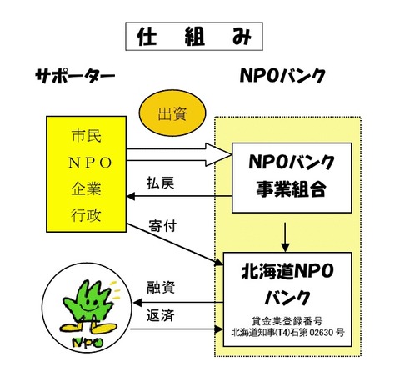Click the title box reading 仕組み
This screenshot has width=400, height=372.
coord(194,37)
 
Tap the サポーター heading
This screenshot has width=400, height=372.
coord(75,76)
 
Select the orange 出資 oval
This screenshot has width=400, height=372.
coord(172,113)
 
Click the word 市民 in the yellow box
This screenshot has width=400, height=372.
coord(87,136)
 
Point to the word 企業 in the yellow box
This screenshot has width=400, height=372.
coord(86,189)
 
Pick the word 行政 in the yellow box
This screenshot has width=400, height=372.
coord(86,215)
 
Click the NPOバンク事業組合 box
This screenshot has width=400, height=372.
coord(292,178)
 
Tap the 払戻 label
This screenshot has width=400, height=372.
coord(161,183)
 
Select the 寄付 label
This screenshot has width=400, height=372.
coord(162,225)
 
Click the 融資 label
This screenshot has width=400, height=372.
coord(161,288)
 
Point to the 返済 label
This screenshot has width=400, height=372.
coord(161,315)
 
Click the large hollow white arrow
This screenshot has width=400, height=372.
coord(179,155)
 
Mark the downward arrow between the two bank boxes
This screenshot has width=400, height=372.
coord(285,237)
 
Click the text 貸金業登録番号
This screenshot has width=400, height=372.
coord(287,321)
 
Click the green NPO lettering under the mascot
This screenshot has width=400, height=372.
coord(87,342)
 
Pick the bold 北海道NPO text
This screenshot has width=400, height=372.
coord(287,271)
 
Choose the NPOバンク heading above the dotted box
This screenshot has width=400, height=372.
coord(282,76)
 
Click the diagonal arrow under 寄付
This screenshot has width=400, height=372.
coord(174,244)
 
